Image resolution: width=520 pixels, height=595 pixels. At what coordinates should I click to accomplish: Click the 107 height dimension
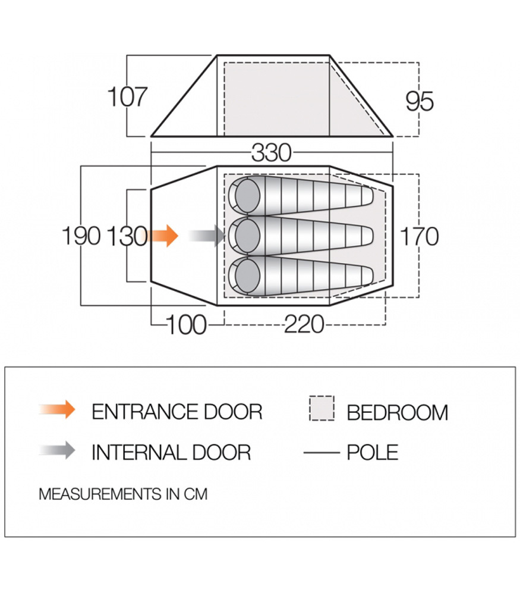click(127, 96)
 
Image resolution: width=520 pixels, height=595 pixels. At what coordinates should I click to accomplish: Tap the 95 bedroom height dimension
click(419, 101)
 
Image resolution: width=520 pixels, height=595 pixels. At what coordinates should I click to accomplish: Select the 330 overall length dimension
click(272, 152)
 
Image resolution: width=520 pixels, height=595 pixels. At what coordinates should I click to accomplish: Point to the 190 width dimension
click(81, 236)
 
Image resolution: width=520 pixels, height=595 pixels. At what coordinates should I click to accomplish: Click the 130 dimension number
click(127, 236)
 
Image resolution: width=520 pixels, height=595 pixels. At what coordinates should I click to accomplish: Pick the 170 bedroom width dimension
click(419, 236)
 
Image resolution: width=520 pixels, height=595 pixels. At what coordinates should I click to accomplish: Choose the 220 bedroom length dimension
click(304, 325)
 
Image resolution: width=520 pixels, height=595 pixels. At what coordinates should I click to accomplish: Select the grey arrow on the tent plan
click(207, 236)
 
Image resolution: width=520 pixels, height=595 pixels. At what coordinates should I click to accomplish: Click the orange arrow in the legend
click(57, 409)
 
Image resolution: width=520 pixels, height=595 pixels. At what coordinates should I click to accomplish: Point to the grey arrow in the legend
click(57, 450)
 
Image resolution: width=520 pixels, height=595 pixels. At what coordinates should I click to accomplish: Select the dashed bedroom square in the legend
click(322, 408)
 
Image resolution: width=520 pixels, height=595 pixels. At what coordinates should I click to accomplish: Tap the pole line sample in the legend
click(322, 453)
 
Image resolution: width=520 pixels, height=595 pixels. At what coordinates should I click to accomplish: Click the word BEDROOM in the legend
click(398, 413)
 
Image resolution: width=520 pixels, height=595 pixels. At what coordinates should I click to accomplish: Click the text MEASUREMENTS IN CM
click(123, 494)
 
